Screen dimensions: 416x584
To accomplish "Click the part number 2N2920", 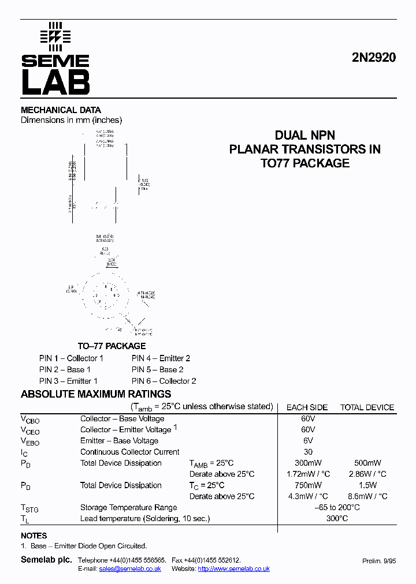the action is [373, 58].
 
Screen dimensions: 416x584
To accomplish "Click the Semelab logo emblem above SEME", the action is [55, 36].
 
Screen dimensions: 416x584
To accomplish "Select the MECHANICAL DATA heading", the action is [61, 110].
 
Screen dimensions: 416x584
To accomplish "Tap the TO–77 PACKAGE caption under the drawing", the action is [112, 346].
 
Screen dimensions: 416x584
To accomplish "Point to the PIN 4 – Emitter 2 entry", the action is [161, 358].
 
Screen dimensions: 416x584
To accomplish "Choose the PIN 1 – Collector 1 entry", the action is [71, 358].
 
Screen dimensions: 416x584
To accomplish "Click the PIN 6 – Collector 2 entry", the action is [164, 381].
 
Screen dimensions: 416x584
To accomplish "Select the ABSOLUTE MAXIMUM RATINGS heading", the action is [96, 394].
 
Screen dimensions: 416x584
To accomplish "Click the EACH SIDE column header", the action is [307, 407].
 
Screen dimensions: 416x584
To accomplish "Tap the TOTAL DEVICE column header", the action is [367, 407].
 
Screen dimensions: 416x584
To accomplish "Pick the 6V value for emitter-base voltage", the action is [308, 441].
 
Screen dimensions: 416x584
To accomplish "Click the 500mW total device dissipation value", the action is [367, 463].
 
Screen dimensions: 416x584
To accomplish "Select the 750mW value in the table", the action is [308, 486].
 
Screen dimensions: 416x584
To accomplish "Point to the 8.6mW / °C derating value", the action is [367, 496].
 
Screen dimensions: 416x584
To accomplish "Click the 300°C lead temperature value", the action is [337, 519].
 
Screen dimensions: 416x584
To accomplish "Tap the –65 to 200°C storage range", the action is [337, 508].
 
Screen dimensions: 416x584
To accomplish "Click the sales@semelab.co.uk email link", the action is [130, 568].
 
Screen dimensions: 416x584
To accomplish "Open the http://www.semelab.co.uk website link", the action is [233, 568].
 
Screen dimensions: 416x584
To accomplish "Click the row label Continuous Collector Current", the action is [129, 452].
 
